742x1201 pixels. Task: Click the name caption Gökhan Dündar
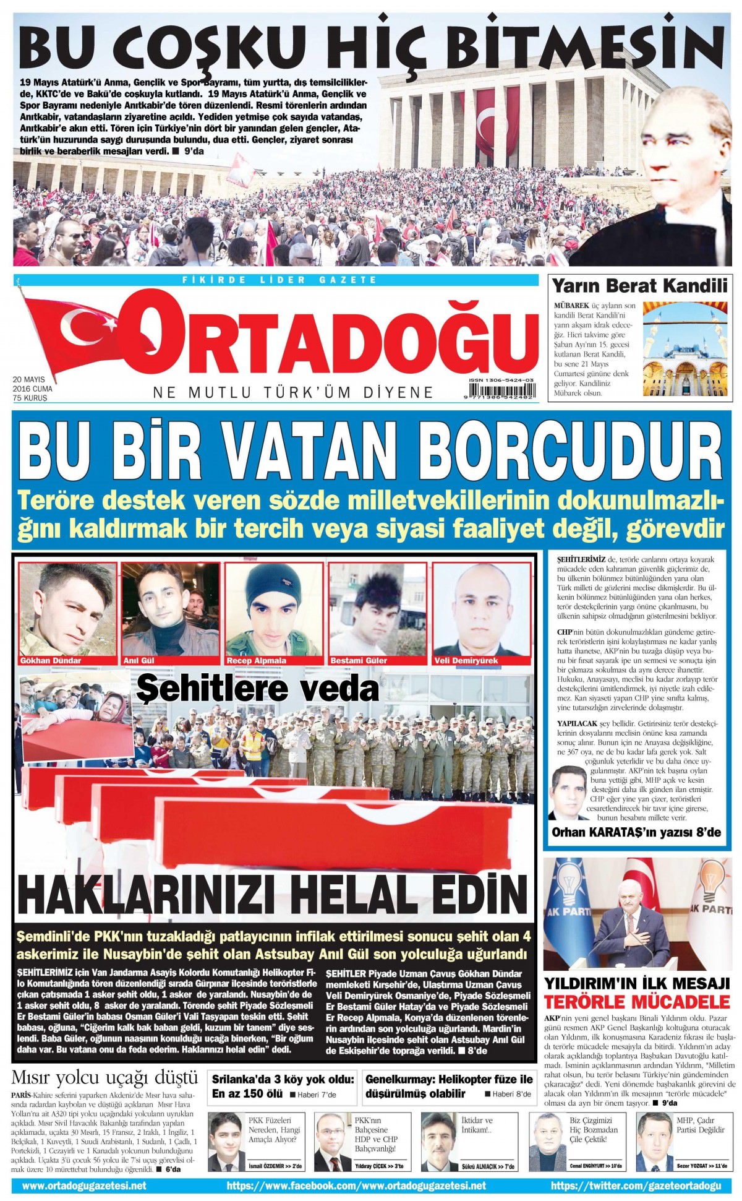point(51,660)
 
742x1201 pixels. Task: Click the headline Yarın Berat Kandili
point(639,286)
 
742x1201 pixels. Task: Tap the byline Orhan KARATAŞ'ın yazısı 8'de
point(636,832)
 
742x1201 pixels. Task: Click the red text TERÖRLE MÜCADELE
point(638,1002)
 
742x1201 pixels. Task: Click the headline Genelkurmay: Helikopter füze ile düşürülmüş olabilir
point(449,1086)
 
